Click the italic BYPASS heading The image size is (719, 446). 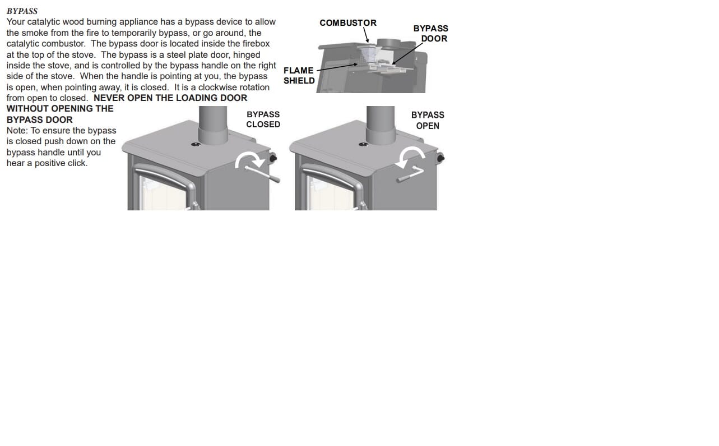click(22, 11)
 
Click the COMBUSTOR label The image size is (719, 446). click(348, 23)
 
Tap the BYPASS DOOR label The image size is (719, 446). click(431, 34)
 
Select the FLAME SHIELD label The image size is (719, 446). click(299, 76)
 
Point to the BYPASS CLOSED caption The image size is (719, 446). click(263, 119)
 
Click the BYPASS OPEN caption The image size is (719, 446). click(428, 120)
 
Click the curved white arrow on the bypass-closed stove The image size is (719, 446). click(250, 159)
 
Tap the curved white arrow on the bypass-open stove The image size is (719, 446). click(411, 156)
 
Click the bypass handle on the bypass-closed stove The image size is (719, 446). click(263, 174)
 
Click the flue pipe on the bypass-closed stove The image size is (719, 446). click(213, 125)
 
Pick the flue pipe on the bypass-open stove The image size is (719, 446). click(381, 125)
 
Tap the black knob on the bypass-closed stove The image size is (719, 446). click(273, 158)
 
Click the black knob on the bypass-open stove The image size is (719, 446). click(440, 158)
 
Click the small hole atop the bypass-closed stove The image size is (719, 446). click(196, 145)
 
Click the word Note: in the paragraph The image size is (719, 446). click(17, 131)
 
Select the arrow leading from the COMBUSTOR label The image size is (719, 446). click(366, 35)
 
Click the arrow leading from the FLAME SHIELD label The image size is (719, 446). click(337, 67)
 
